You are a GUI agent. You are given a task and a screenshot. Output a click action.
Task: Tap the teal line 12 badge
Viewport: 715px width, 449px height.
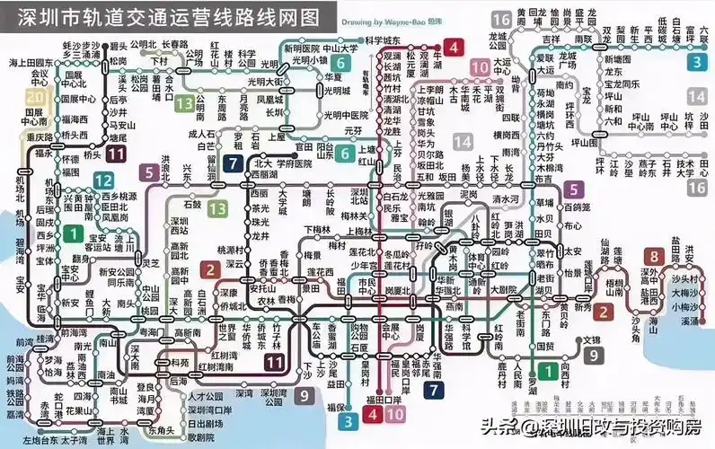[103, 180]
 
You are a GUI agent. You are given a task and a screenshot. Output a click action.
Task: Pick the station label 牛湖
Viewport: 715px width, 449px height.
[437, 59]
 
